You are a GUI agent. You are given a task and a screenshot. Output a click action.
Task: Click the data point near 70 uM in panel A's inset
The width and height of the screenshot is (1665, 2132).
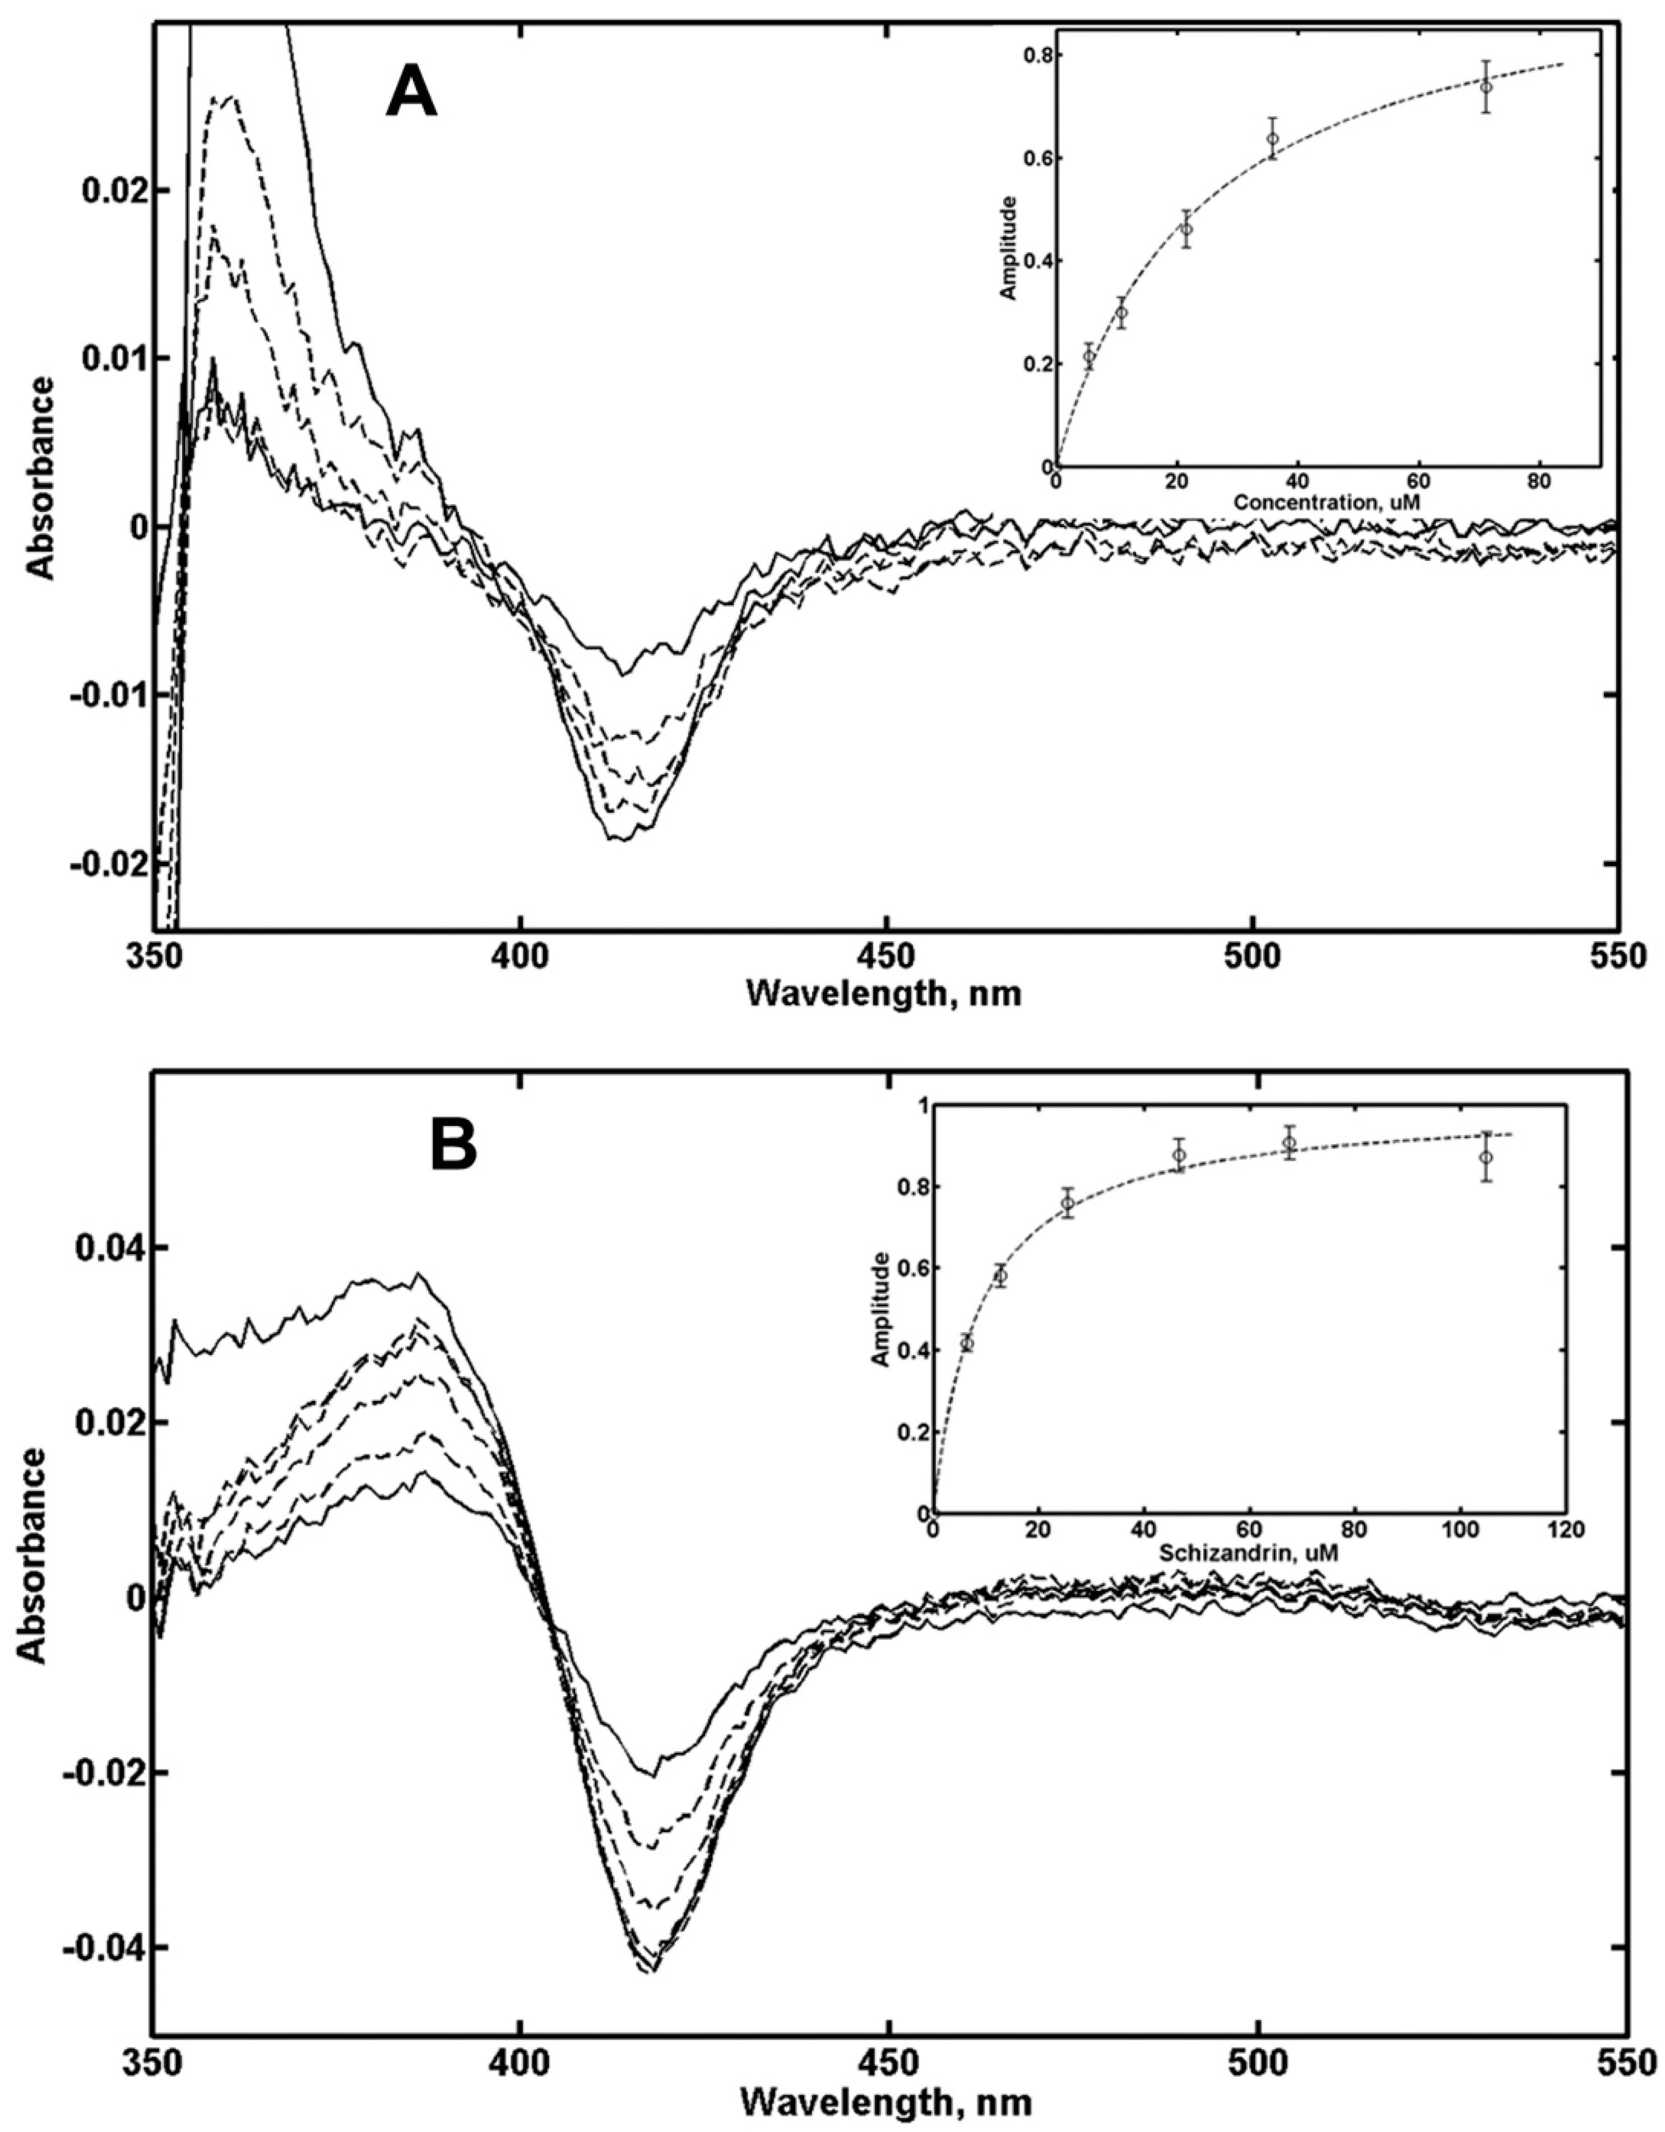[1485, 87]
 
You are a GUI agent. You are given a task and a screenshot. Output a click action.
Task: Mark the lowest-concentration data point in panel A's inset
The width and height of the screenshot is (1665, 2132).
[1089, 356]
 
